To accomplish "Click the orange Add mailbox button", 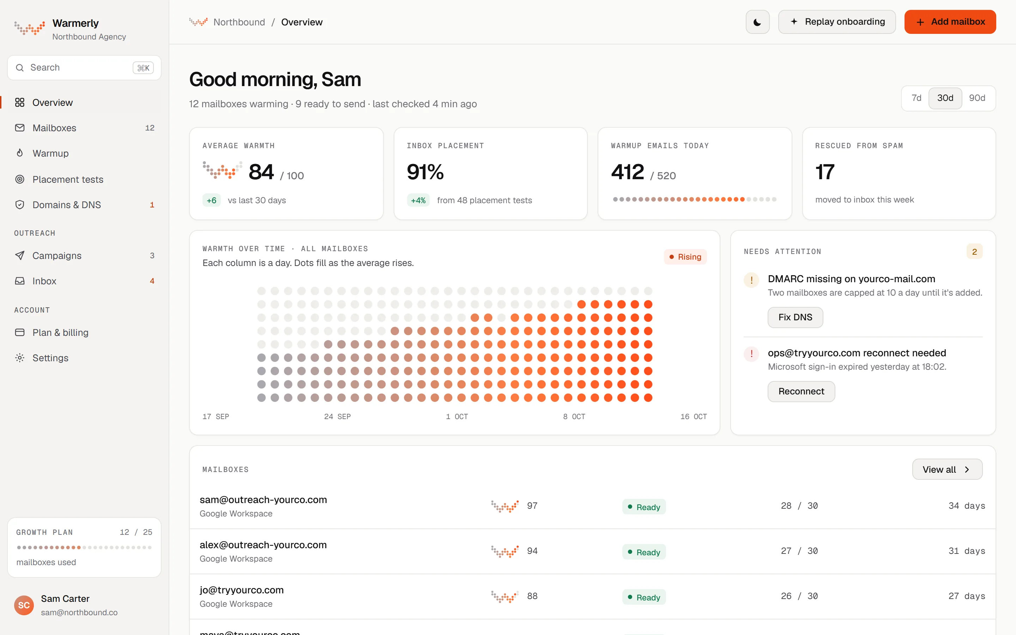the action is pos(950,22).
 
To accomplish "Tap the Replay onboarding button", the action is pos(837,22).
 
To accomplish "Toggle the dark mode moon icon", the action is pos(757,22).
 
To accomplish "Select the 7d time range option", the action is pos(916,98).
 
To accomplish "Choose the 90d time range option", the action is pos(977,98).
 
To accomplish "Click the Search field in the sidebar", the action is pos(84,68).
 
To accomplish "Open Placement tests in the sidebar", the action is pos(68,179).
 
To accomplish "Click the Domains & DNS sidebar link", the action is pos(67,205).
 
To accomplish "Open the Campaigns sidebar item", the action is pos(57,255).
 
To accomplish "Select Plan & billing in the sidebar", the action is pos(60,332).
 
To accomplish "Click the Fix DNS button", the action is pos(795,317).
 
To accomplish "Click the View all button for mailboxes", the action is pos(947,469).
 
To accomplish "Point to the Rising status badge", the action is pos(685,256).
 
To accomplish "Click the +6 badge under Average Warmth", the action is pos(212,200).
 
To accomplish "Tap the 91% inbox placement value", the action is pos(425,172).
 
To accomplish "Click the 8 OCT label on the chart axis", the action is pos(574,416).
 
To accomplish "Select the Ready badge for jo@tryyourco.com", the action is pos(644,597).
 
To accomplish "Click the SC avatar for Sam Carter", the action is pos(24,605).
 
